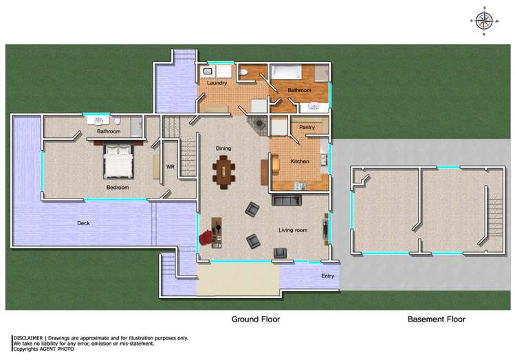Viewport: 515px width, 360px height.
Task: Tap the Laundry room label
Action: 217,83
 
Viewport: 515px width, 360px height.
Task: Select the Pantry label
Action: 307,128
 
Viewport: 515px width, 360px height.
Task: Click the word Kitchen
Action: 300,161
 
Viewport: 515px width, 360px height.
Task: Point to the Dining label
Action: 223,148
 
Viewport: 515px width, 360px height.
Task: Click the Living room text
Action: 292,230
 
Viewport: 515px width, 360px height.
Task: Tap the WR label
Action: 171,166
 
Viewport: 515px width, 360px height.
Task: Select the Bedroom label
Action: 118,187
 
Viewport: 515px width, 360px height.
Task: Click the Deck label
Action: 83,223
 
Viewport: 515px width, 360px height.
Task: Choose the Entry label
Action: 327,276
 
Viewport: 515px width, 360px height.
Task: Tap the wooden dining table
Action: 224,171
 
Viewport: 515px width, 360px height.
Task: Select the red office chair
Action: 206,237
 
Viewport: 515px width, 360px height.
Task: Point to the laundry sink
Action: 208,71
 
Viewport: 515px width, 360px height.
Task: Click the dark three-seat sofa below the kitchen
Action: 287,201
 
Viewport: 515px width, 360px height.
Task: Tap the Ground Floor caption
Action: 255,319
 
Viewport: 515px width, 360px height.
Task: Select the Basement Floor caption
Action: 436,319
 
